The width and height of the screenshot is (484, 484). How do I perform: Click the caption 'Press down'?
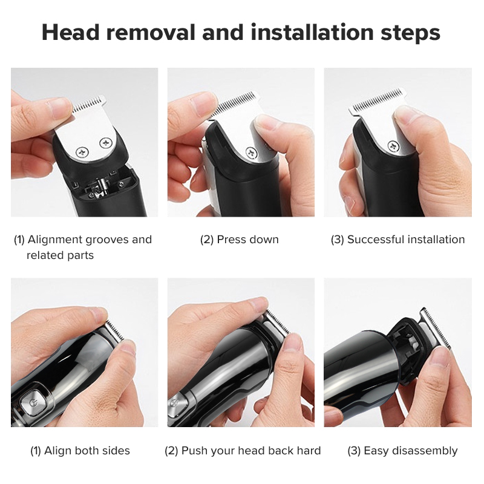247,240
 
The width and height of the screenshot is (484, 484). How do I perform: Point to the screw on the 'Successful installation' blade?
393,145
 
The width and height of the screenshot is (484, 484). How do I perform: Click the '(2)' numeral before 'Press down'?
207,240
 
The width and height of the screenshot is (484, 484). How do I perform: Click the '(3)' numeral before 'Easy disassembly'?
355,451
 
